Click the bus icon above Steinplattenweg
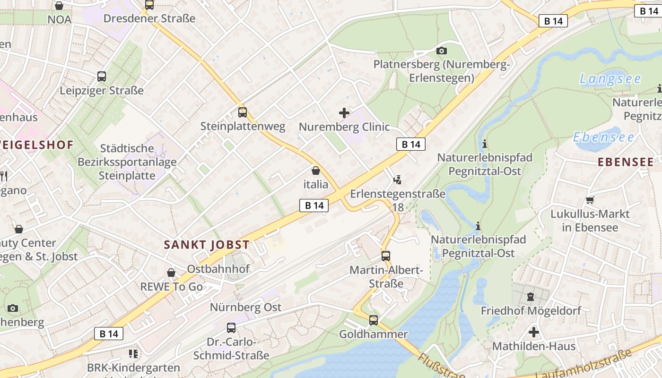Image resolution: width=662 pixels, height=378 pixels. [243, 112]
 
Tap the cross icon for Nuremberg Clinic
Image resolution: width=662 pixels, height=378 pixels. [344, 113]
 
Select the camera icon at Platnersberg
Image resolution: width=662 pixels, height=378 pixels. [442, 51]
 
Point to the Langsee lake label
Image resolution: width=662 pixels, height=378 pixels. [610, 79]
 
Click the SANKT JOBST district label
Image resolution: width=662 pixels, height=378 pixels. [206, 245]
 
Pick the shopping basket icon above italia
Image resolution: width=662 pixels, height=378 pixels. [316, 171]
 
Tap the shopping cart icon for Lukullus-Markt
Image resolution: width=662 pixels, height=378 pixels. [590, 200]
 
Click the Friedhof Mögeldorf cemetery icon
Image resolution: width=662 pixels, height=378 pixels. [530, 297]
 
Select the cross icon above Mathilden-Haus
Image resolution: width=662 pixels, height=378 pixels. [534, 332]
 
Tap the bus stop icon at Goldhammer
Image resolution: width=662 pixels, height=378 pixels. [374, 320]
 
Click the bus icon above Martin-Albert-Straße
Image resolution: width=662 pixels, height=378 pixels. [386, 256]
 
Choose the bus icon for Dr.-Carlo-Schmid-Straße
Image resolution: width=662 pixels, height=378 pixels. [231, 328]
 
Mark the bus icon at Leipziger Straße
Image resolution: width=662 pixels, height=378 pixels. [102, 77]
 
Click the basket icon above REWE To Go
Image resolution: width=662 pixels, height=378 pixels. [171, 273]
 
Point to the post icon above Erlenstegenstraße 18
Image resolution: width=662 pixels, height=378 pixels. [398, 180]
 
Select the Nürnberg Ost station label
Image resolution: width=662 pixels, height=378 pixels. [245, 308]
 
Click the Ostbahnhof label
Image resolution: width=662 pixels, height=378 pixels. [218, 269]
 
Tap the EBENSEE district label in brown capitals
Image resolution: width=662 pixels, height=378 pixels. [626, 162]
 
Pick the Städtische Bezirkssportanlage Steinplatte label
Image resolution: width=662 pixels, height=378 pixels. [127, 162]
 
